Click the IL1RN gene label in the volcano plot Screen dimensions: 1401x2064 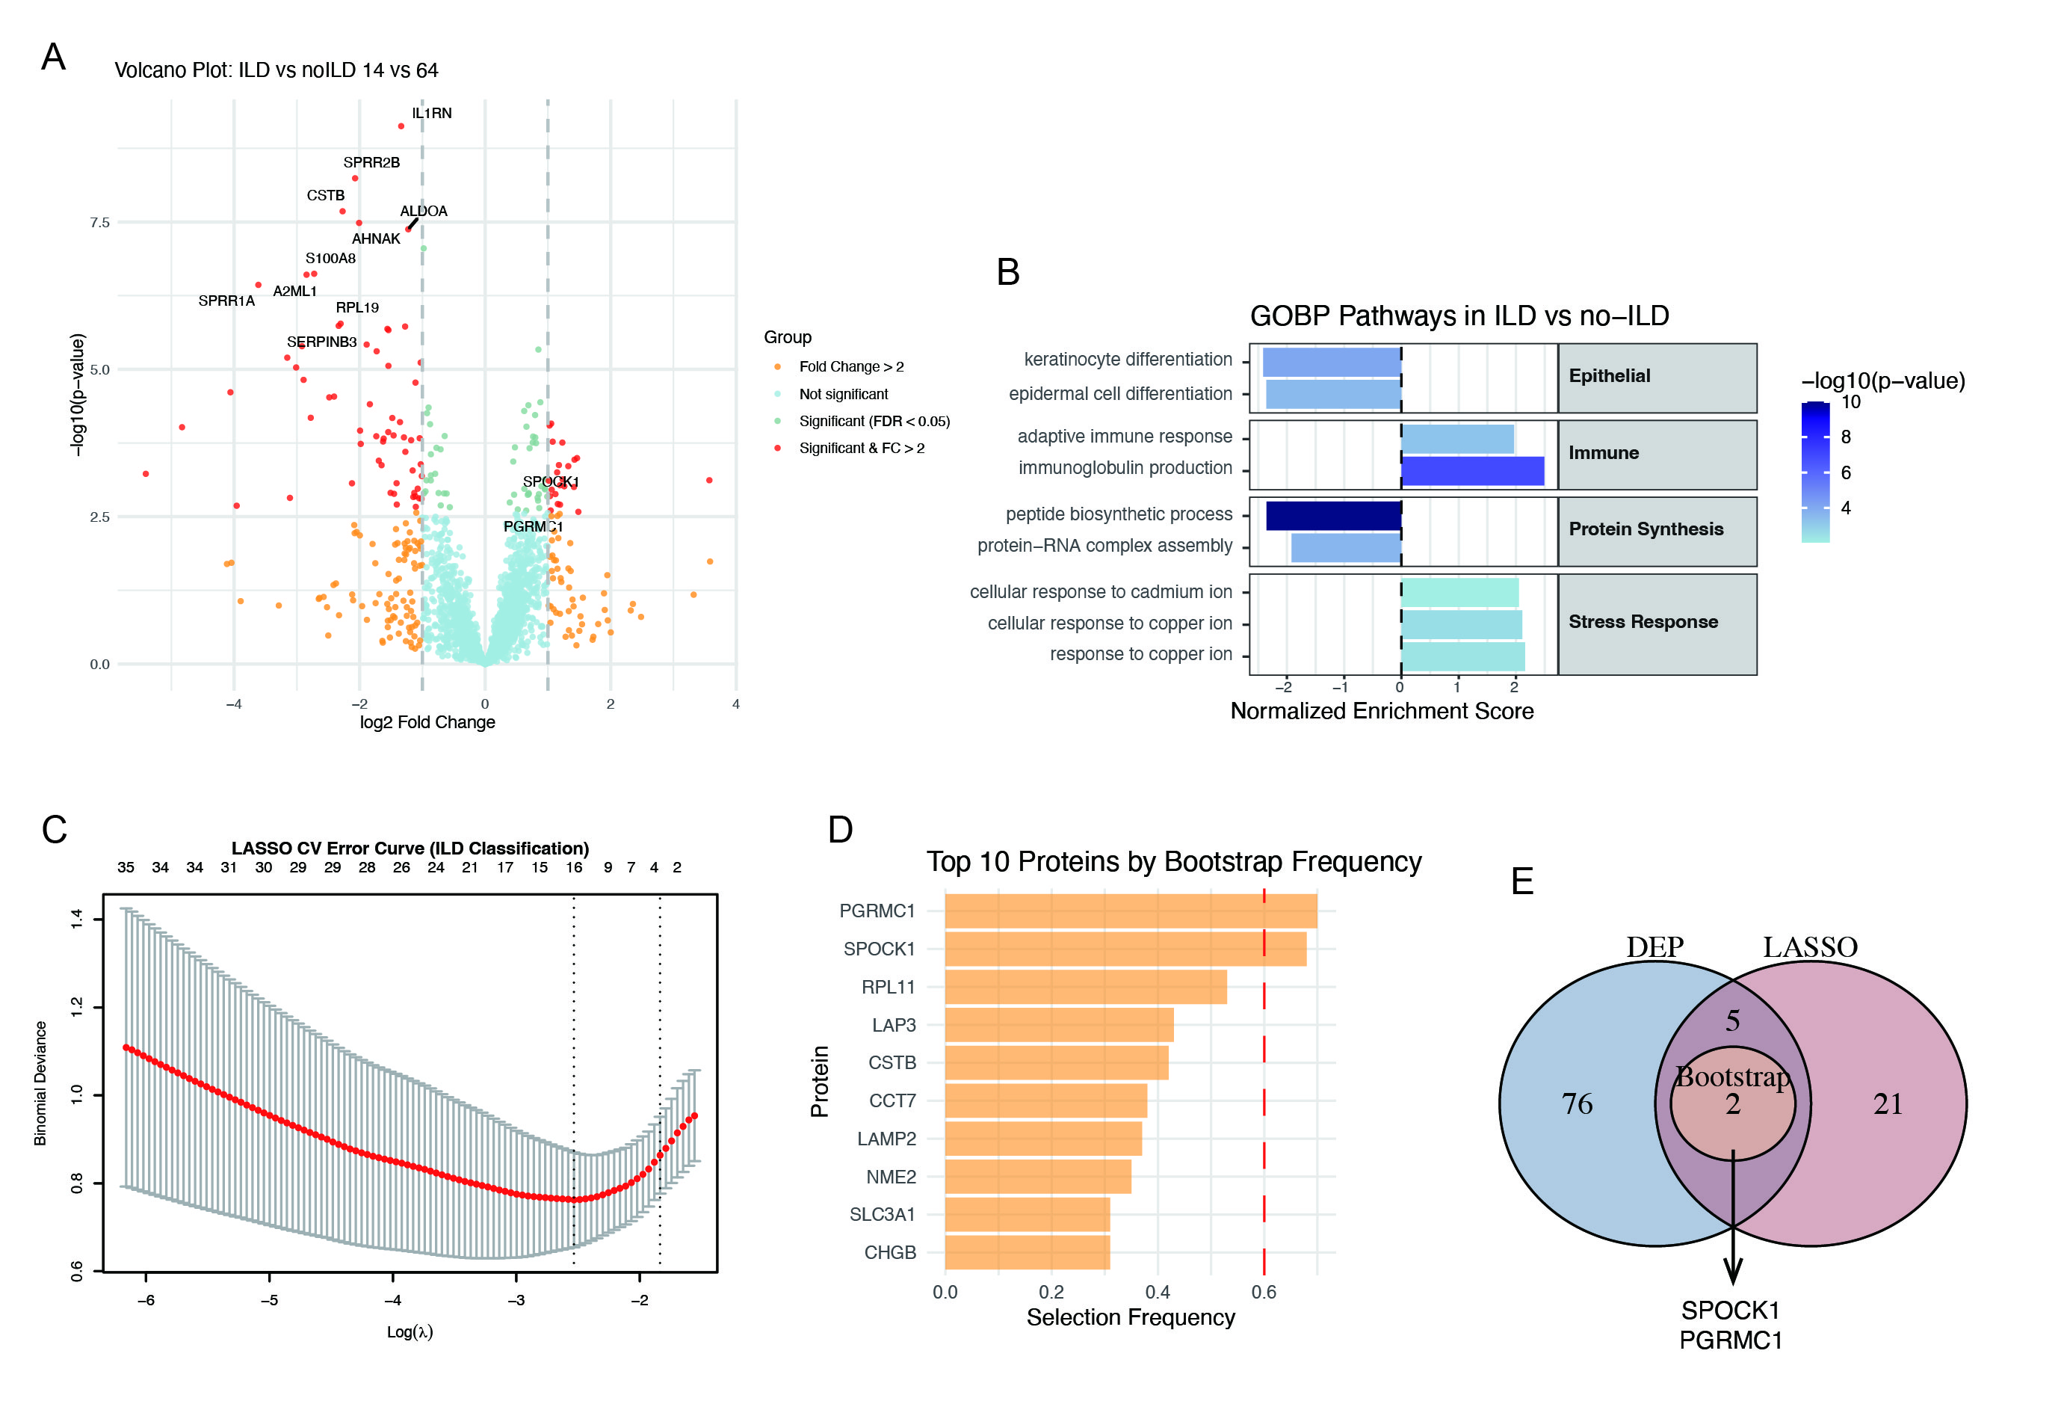click(x=432, y=114)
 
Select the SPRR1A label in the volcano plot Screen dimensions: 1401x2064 click(x=226, y=301)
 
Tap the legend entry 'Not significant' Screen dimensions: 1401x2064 click(x=843, y=395)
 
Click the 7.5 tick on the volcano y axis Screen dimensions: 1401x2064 click(x=99, y=222)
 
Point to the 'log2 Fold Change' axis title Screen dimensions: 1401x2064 click(x=427, y=722)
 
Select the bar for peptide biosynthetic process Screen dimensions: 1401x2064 click(x=1333, y=516)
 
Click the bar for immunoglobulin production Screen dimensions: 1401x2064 click(x=1472, y=471)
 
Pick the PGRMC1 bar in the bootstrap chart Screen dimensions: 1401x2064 click(x=1130, y=911)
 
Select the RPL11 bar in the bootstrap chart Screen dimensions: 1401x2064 click(x=1085, y=987)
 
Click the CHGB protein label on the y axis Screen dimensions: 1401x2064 click(x=890, y=1253)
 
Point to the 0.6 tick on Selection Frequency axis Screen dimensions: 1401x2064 click(x=1264, y=1293)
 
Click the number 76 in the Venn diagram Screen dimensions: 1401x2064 click(x=1577, y=1104)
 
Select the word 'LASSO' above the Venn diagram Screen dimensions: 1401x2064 click(x=1810, y=947)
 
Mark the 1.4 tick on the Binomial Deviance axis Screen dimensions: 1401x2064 click(x=77, y=919)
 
